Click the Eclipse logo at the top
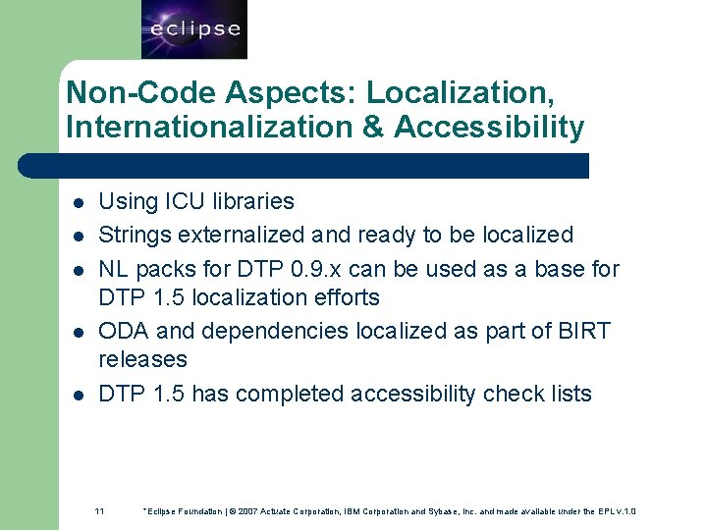(193, 29)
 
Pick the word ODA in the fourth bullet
(123, 331)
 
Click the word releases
(142, 359)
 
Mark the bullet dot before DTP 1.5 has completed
(78, 396)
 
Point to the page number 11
(99, 511)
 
